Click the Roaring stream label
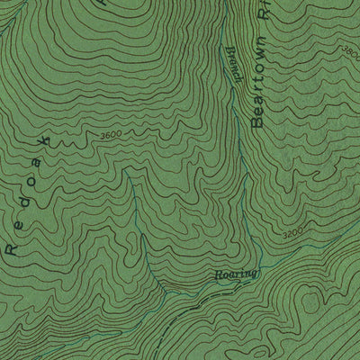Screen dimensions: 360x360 237,274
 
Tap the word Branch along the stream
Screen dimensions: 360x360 237,66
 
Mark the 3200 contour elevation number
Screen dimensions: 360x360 292,232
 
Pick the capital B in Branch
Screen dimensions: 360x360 232,50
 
